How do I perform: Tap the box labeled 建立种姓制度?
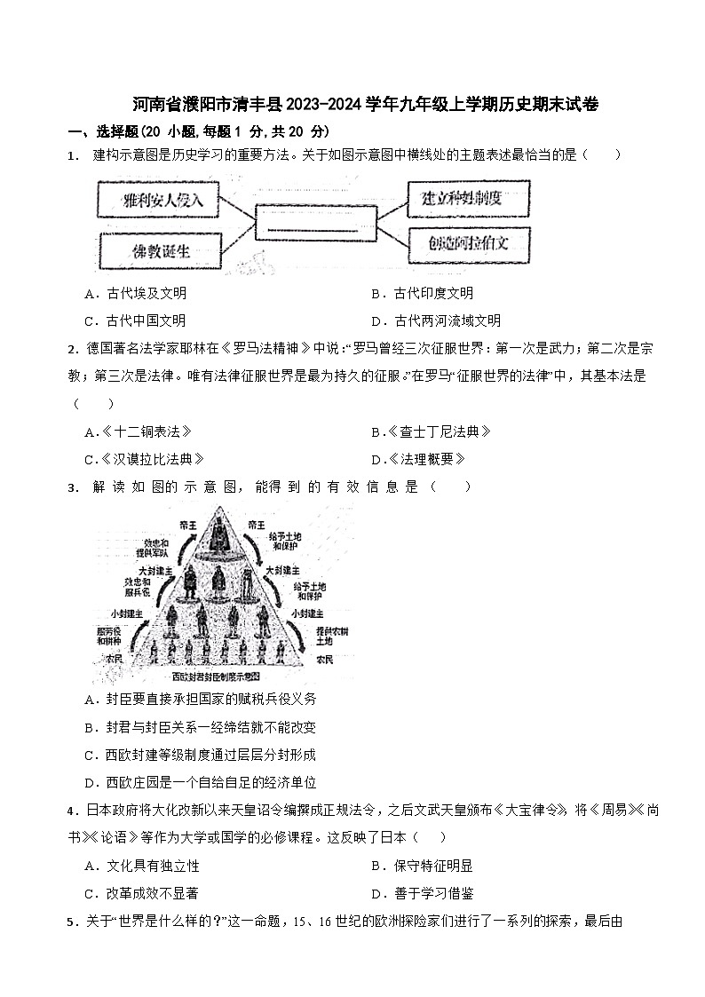[469, 198]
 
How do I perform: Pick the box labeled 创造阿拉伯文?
[469, 242]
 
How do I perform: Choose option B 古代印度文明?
[423, 294]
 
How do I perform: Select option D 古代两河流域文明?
[436, 320]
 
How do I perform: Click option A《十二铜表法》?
[139, 432]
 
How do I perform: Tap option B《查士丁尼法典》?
[431, 432]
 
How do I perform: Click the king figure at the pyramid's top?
[218, 533]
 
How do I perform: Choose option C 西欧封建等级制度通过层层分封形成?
[201, 755]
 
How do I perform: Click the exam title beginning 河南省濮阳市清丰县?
[352, 105]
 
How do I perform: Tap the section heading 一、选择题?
[99, 131]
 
